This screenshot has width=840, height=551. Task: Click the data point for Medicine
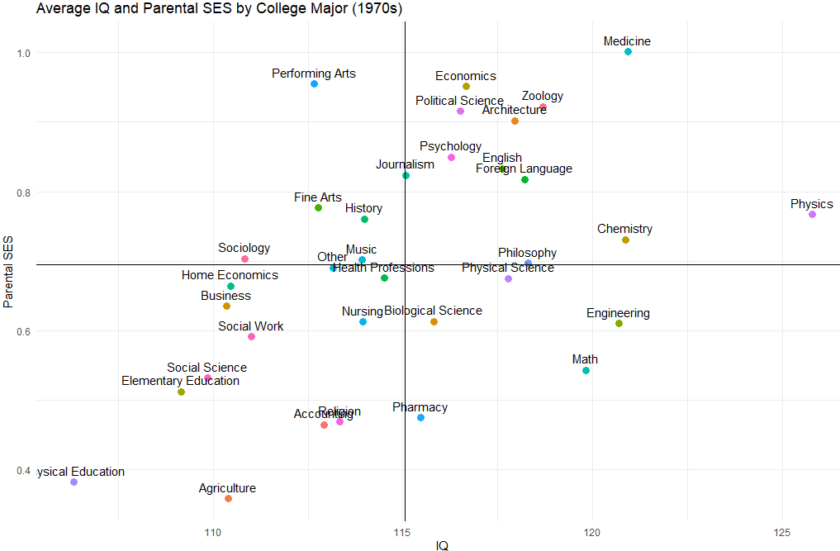point(628,52)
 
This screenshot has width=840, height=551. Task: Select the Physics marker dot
point(812,215)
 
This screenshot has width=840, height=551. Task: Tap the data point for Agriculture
point(228,499)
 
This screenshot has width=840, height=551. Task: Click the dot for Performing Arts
point(314,84)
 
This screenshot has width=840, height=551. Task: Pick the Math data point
point(586,371)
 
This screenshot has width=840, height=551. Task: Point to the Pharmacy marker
point(420,418)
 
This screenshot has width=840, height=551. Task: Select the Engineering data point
point(619,324)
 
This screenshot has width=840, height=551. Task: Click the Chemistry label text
point(624,229)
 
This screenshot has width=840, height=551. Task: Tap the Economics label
point(466,76)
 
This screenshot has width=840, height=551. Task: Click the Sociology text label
point(244,248)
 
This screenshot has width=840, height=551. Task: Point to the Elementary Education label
point(180,381)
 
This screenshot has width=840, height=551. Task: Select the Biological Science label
point(433,311)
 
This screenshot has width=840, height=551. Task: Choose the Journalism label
point(405,164)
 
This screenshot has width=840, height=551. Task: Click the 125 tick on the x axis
point(782,532)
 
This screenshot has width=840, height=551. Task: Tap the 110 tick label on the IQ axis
point(213,532)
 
